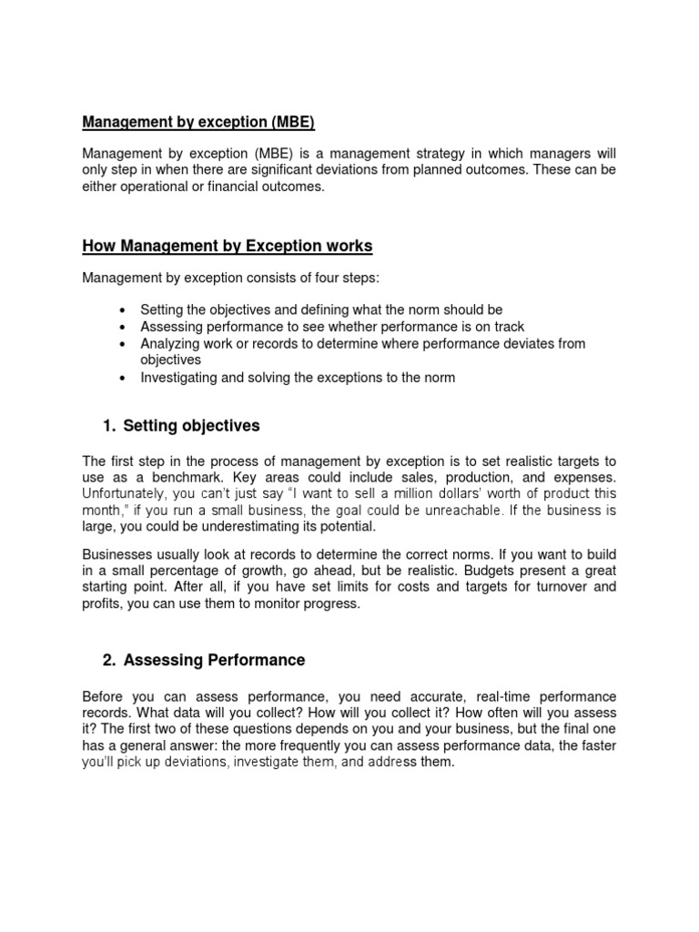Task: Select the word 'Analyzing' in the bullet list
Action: [169, 343]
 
